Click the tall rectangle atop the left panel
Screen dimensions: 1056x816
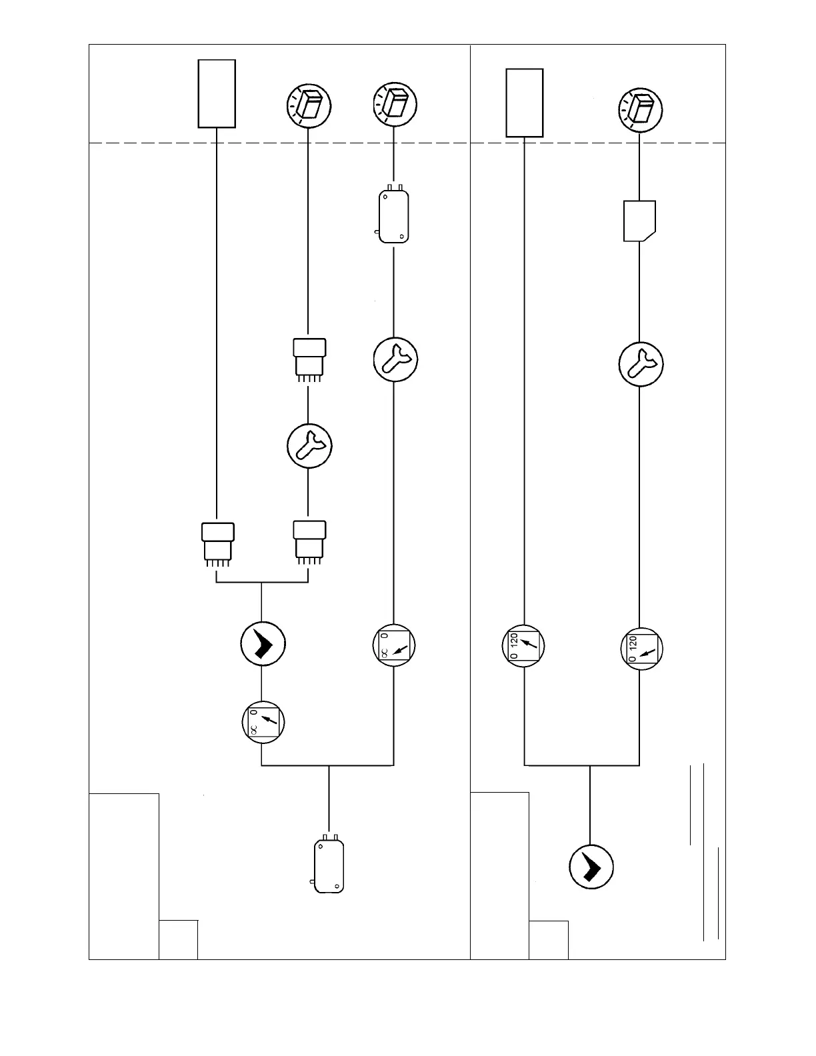[x=217, y=93]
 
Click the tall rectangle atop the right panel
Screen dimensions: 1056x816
[x=524, y=103]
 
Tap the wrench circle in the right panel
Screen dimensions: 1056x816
[x=641, y=364]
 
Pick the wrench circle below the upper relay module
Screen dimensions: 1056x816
[x=395, y=359]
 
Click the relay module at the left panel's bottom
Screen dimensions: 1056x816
[x=329, y=865]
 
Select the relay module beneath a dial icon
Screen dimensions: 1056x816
[x=393, y=216]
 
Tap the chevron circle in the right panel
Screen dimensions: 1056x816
[x=591, y=867]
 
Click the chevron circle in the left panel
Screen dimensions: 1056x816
[x=263, y=643]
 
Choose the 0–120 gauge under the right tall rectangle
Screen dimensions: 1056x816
[x=523, y=645]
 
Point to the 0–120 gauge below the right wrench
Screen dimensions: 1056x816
[x=641, y=648]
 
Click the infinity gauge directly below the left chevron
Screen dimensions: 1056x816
[x=263, y=721]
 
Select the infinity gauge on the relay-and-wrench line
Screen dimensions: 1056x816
[x=393, y=645]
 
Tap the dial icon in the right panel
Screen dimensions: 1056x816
[x=641, y=109]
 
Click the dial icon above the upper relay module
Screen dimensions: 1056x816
[x=395, y=105]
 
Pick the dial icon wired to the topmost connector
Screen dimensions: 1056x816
[x=309, y=105]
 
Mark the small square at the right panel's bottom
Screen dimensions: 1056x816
[x=549, y=940]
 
